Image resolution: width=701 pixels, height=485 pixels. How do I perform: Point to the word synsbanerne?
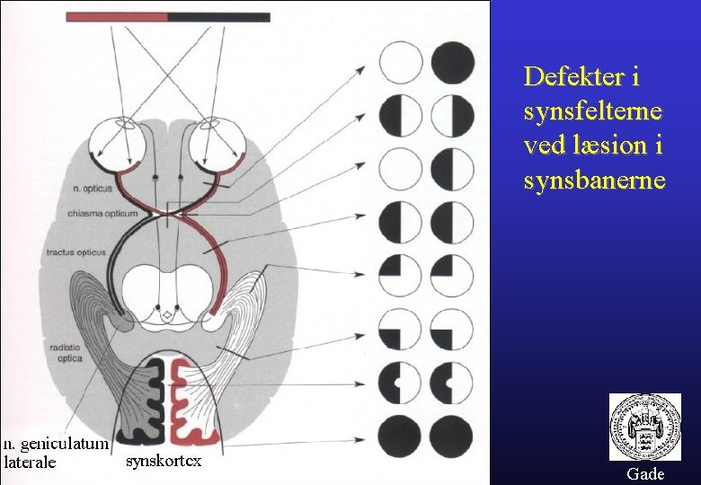point(594,181)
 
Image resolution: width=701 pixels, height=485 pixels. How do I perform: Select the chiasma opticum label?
point(102,213)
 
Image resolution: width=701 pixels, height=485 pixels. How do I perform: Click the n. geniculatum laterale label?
point(55,453)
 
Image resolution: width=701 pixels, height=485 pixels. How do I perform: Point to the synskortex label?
point(163,461)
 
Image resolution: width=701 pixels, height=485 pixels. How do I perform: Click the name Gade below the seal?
point(645,473)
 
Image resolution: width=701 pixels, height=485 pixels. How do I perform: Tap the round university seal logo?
point(644,427)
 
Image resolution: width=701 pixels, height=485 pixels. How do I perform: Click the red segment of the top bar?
point(117,17)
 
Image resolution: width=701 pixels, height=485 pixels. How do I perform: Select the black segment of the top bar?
point(218,17)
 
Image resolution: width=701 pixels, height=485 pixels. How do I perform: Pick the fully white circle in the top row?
point(400,62)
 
